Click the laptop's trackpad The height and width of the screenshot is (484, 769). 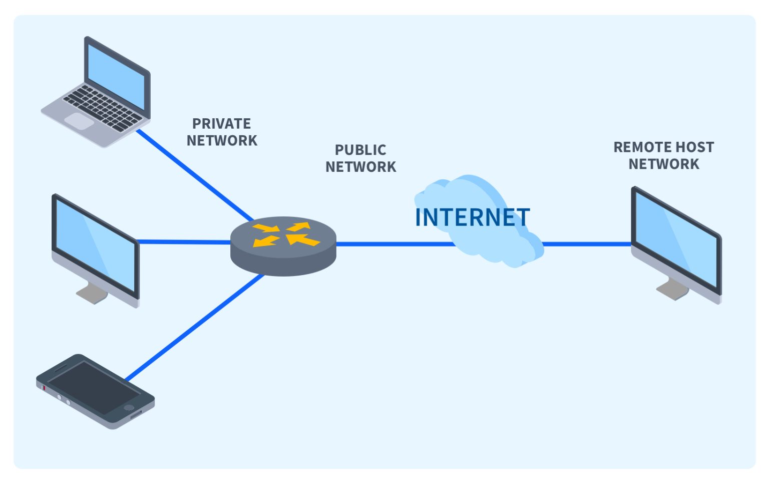click(79, 121)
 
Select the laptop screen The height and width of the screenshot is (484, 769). click(116, 75)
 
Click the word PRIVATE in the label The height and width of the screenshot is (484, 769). click(221, 124)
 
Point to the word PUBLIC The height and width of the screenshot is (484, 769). click(360, 150)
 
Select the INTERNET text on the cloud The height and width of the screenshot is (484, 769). click(472, 217)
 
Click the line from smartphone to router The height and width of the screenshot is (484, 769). click(195, 326)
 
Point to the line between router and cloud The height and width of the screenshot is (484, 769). click(396, 244)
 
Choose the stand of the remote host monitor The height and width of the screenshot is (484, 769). click(674, 289)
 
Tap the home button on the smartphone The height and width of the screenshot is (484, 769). click(129, 407)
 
